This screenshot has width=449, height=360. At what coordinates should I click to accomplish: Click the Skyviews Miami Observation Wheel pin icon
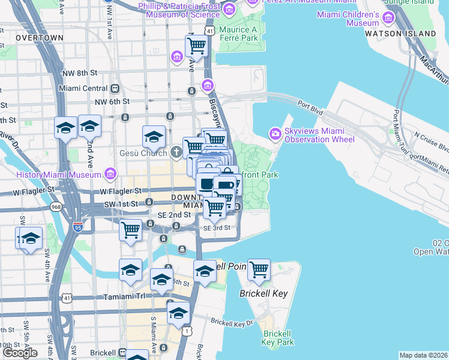(x=276, y=133)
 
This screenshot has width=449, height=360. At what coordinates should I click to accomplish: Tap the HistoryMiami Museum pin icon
(x=110, y=175)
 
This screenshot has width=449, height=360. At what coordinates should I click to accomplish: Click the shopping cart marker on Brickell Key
(x=259, y=271)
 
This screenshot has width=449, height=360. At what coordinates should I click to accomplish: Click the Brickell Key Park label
(x=278, y=338)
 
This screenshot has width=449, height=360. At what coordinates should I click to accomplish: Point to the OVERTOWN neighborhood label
(x=40, y=37)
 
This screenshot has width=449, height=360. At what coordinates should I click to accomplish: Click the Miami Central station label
(x=83, y=88)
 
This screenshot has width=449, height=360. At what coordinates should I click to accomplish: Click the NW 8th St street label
(x=79, y=73)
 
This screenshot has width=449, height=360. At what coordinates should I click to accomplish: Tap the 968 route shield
(x=56, y=207)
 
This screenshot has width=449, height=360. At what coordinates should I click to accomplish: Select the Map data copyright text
(x=423, y=355)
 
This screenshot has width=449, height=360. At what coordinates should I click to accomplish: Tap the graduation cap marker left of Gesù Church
(x=154, y=137)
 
